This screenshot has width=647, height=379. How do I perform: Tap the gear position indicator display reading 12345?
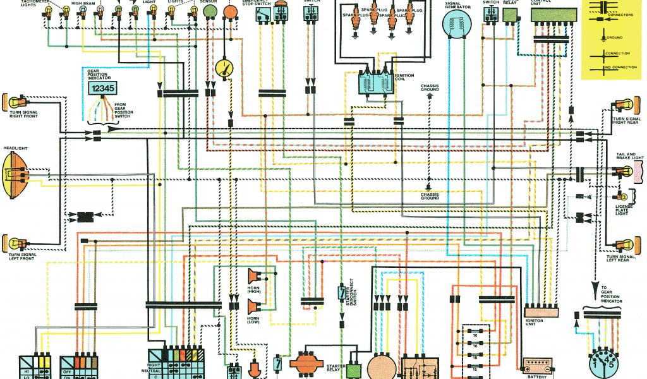point(101,88)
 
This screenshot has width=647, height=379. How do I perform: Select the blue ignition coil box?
point(376,83)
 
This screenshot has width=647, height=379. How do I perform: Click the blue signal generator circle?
point(458,27)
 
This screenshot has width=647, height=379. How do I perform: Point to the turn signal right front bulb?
point(14,100)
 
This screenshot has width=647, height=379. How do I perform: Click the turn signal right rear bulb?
point(627,105)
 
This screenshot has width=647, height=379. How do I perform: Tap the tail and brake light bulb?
point(628,171)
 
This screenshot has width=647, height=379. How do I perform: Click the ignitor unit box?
point(541,311)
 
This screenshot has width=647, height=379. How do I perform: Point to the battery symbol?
point(536,367)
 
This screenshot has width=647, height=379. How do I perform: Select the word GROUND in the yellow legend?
point(614,38)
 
